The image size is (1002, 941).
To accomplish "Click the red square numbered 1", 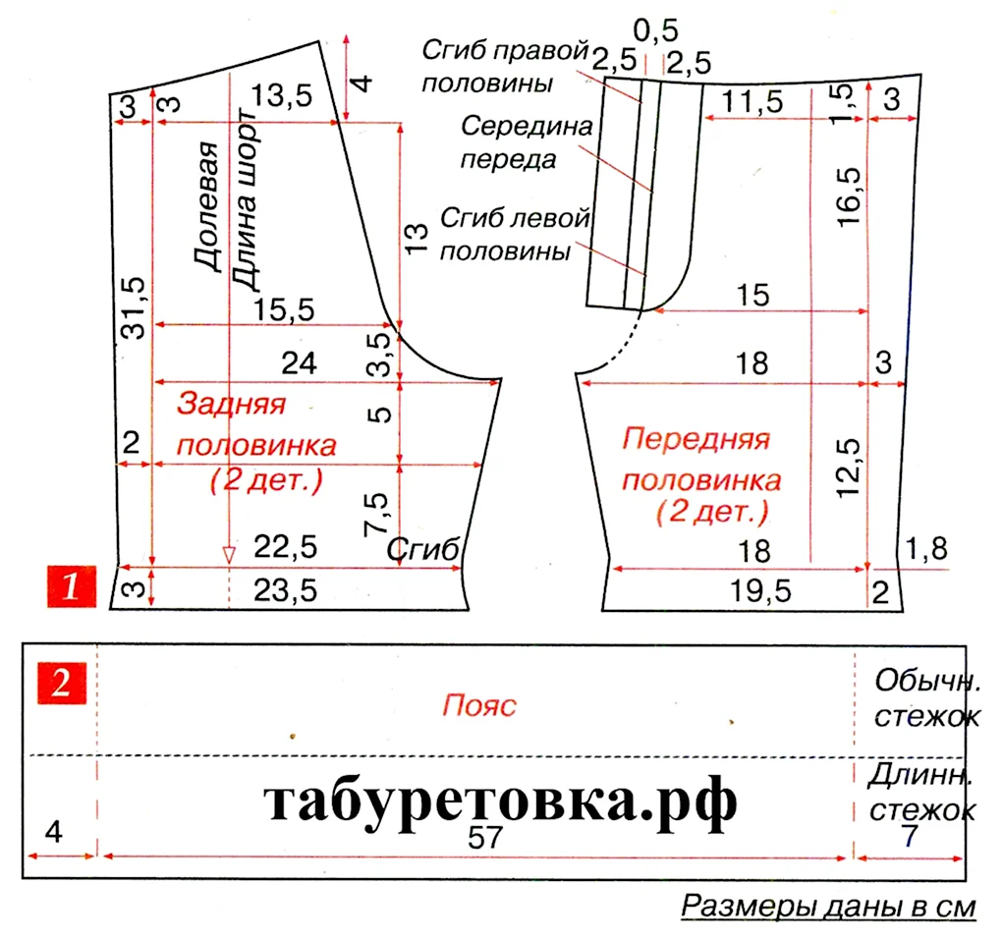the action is tap(72, 586).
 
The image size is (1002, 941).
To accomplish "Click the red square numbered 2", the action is tap(61, 684).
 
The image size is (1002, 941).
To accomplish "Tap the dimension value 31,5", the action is tap(135, 307).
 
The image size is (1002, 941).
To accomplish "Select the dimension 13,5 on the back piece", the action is tap(282, 96).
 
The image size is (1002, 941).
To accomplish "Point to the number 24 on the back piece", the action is tap(299, 363).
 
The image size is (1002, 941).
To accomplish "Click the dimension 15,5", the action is tap(284, 309).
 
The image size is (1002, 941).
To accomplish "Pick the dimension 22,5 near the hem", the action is tap(286, 547).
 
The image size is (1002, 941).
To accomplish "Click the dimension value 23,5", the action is tap(286, 590).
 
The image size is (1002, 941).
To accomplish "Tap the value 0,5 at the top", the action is tap(655, 30).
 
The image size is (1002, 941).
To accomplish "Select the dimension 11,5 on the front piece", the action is tap(752, 102).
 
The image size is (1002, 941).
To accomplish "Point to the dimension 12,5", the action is tap(849, 468).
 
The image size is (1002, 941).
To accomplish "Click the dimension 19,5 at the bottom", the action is tap(761, 591).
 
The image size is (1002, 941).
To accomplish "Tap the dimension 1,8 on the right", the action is tap(927, 549).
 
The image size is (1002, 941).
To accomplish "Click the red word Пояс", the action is tap(479, 706).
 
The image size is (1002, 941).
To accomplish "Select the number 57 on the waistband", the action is tap(485, 838).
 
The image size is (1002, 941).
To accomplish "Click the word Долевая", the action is tap(206, 206).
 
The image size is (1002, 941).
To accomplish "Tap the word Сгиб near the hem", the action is tap(423, 549).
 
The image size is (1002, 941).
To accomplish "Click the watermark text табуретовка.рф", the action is tap(500, 802).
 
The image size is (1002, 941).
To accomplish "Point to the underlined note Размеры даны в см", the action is tap(828, 907).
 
